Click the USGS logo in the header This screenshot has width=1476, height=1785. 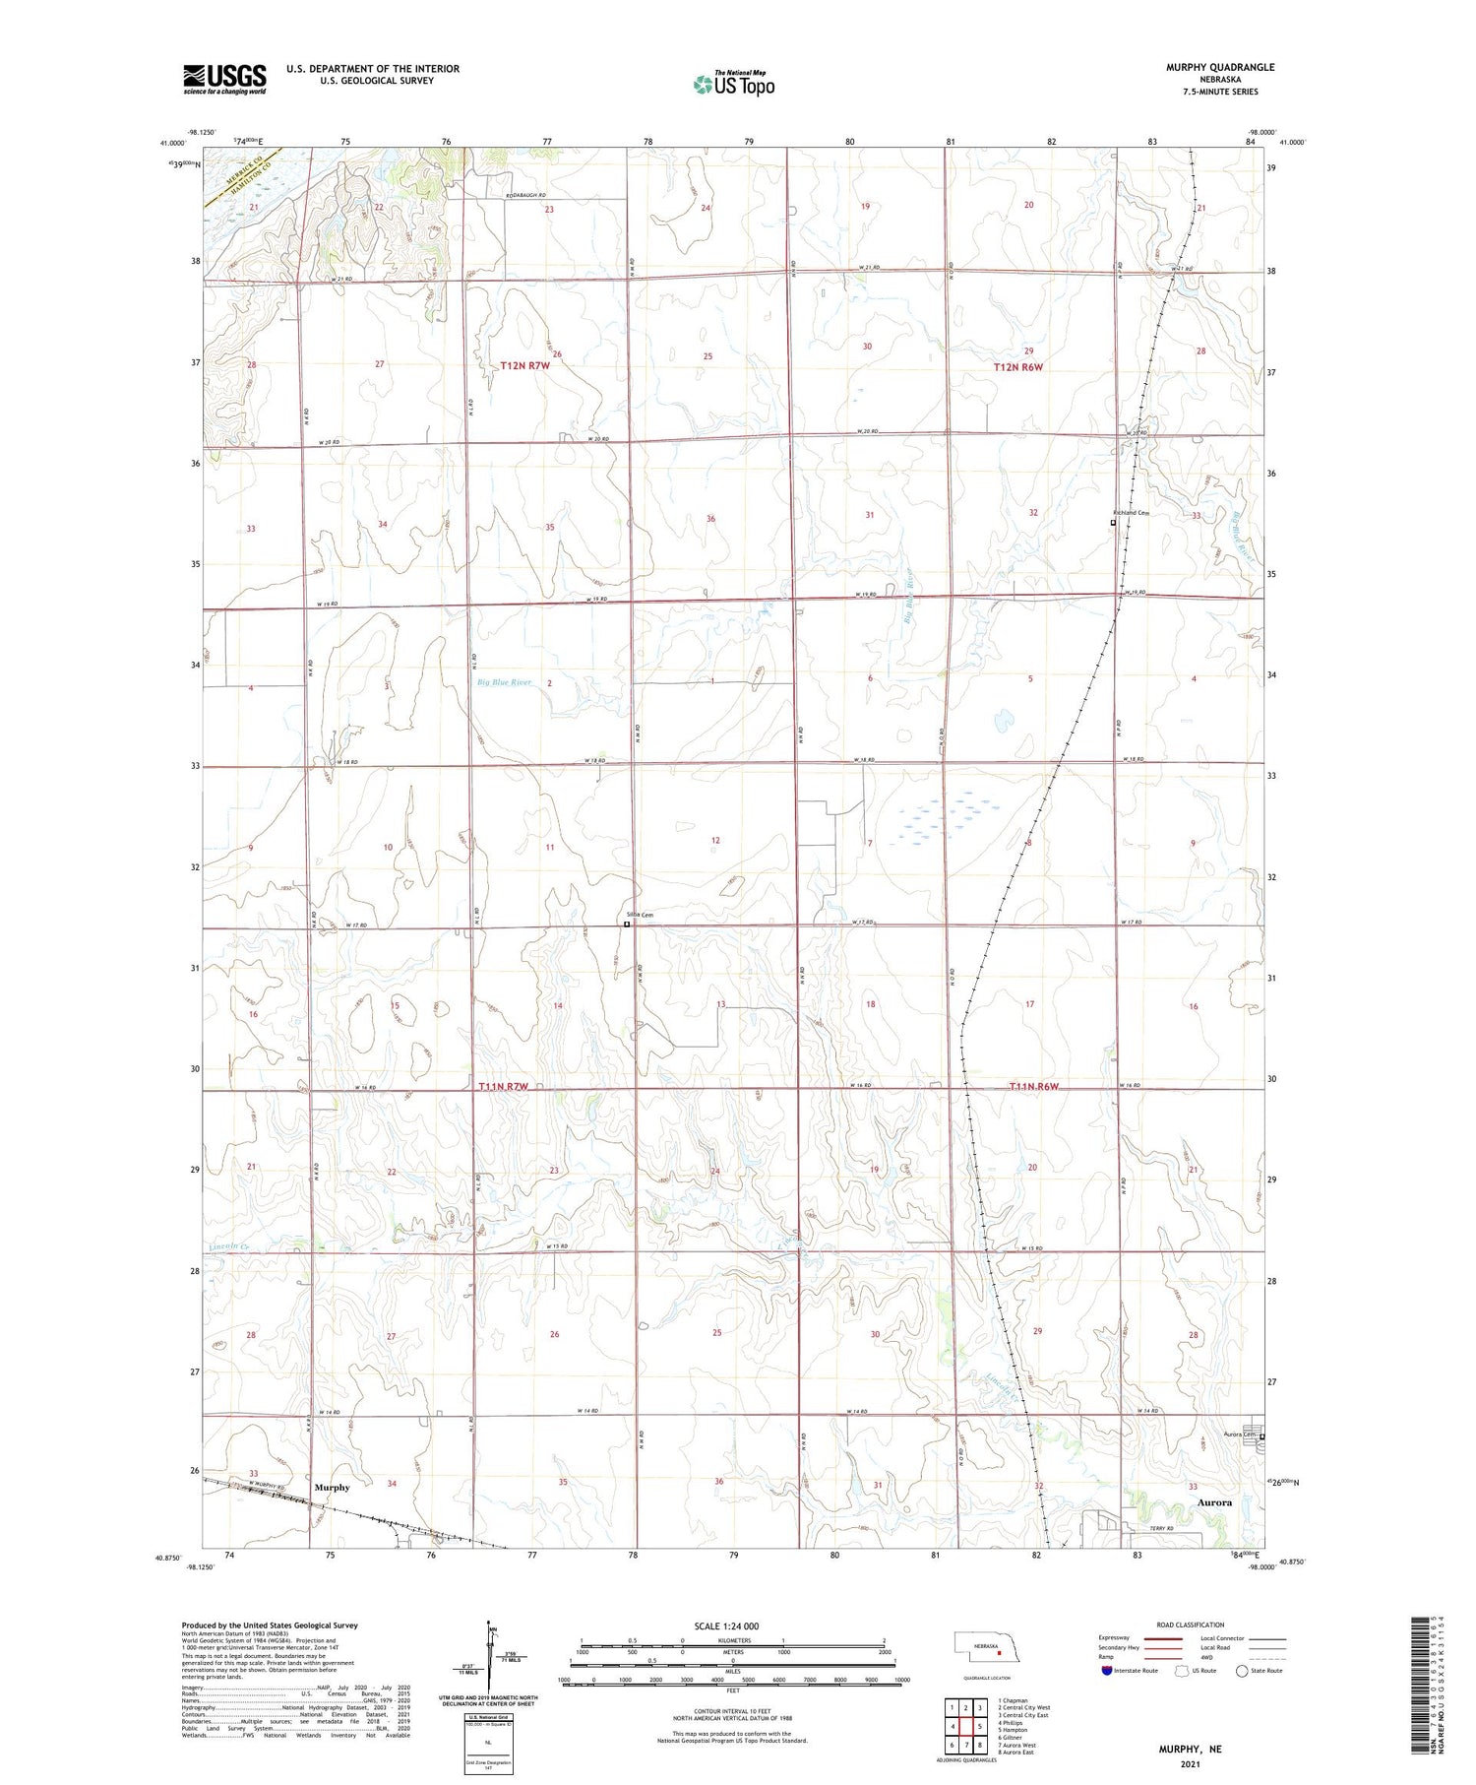tap(224, 79)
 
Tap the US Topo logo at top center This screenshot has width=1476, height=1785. tap(733, 84)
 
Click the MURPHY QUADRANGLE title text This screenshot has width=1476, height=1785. tap(1220, 67)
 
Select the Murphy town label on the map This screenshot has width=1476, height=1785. tap(332, 1487)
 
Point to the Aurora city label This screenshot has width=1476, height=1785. tap(1214, 1502)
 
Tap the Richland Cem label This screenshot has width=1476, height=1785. tap(1131, 513)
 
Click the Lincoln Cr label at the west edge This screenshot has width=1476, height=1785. tap(226, 1247)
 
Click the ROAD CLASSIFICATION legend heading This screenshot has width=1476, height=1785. tap(1190, 1625)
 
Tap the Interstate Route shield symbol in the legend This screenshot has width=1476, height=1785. tap(1107, 1671)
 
